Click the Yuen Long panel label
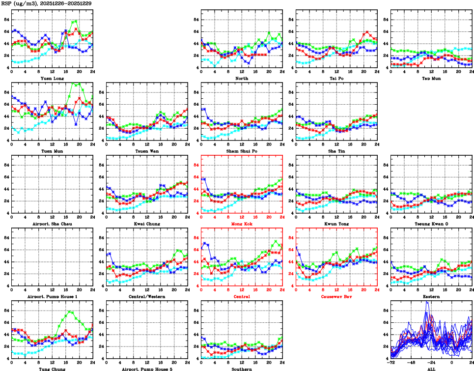tap(52, 78)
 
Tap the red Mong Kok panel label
tap(241, 224)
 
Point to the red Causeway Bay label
tap(336, 297)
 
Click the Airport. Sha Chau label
tap(52, 224)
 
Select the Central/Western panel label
tap(146, 297)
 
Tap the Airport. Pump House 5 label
tap(146, 369)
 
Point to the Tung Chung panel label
tap(52, 369)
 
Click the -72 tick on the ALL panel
tap(391, 363)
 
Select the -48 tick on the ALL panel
tap(411, 363)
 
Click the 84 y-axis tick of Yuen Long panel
tap(6, 20)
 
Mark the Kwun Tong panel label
tap(336, 224)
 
